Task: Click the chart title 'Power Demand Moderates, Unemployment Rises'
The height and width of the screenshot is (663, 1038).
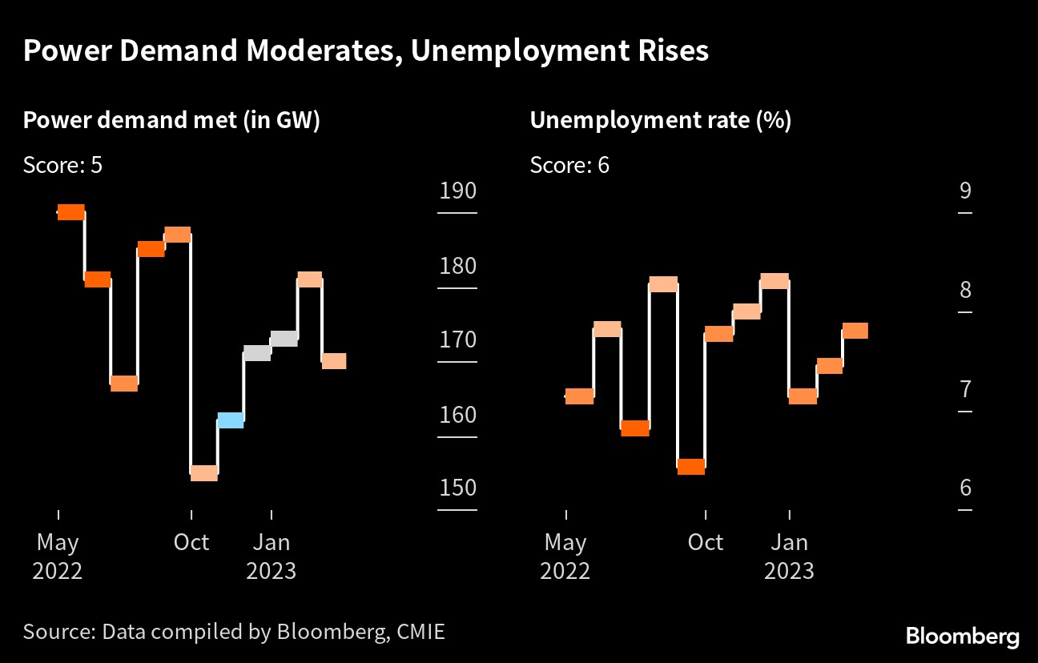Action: (365, 51)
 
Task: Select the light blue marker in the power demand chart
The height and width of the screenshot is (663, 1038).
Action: (231, 420)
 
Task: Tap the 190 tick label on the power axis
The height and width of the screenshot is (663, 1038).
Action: (457, 191)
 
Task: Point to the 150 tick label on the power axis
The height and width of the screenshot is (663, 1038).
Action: (457, 488)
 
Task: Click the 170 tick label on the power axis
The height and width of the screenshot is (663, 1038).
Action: (457, 340)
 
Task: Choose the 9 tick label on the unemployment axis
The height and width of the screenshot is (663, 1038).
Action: (964, 191)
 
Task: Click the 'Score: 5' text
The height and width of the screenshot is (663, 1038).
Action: (62, 165)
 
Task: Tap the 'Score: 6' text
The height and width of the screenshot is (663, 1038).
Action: (569, 165)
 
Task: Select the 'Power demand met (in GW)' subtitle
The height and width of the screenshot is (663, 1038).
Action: (171, 121)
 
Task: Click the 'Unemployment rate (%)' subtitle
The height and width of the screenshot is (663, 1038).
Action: (661, 121)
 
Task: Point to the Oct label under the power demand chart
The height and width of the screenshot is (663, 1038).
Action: (191, 542)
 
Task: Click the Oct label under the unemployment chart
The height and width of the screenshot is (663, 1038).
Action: (706, 542)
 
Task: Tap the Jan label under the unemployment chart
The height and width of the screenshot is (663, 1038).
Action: (790, 542)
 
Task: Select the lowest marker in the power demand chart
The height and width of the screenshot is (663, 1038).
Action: (204, 473)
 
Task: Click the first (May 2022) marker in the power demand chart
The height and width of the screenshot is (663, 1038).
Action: (71, 212)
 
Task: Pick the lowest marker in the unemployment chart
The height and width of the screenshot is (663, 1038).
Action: (691, 467)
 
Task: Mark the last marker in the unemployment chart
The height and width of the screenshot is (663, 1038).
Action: (855, 331)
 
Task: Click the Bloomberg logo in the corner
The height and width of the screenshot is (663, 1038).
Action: (963, 637)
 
